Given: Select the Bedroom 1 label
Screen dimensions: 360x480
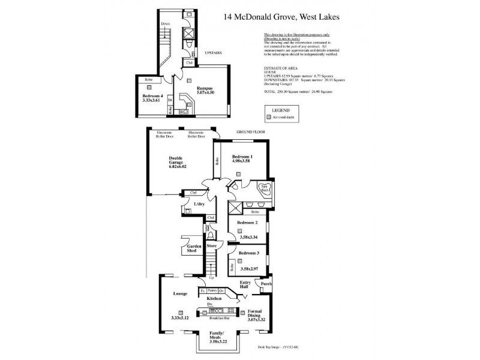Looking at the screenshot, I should pyautogui.click(x=242, y=157).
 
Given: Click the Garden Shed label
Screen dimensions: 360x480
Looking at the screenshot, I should pyautogui.click(x=193, y=249).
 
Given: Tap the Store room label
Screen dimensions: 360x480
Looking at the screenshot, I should pyautogui.click(x=211, y=246).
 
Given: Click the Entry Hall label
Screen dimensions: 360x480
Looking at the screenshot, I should pyautogui.click(x=245, y=284).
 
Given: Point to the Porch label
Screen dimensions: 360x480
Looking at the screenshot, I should pyautogui.click(x=266, y=284).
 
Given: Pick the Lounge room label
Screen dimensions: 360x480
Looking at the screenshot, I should pyautogui.click(x=181, y=293).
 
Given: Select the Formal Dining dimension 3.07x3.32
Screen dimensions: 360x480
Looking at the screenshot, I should pyautogui.click(x=259, y=320).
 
